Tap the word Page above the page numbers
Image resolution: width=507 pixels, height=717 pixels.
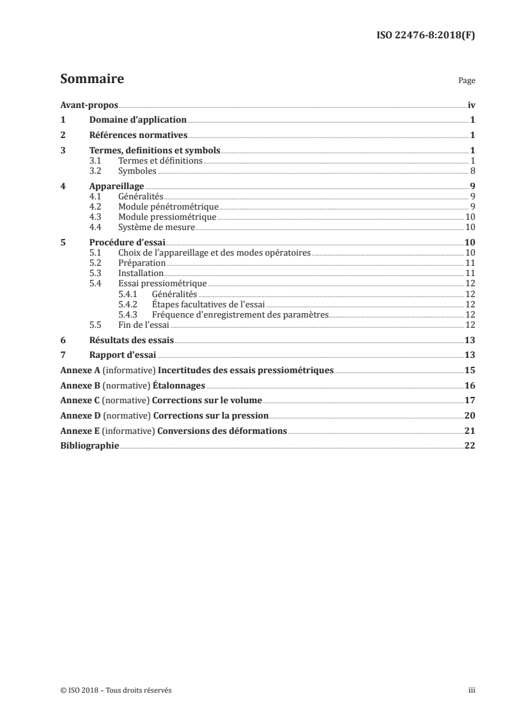coord(467,81)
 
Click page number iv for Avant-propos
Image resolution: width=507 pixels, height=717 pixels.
coord(471,105)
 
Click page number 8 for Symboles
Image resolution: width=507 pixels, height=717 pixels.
coord(472,171)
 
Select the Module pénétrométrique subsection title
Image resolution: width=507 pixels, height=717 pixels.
coord(169,207)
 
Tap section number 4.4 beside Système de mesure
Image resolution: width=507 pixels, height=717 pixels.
coord(96,227)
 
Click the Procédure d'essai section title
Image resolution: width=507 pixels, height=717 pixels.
coord(129,243)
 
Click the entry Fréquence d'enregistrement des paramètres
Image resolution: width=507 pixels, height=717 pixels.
coord(240,314)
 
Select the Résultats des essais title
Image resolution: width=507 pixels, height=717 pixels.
coord(131,341)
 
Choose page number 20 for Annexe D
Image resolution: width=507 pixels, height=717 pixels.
coord(469,416)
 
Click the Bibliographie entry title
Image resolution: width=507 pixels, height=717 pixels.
coord(90,446)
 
